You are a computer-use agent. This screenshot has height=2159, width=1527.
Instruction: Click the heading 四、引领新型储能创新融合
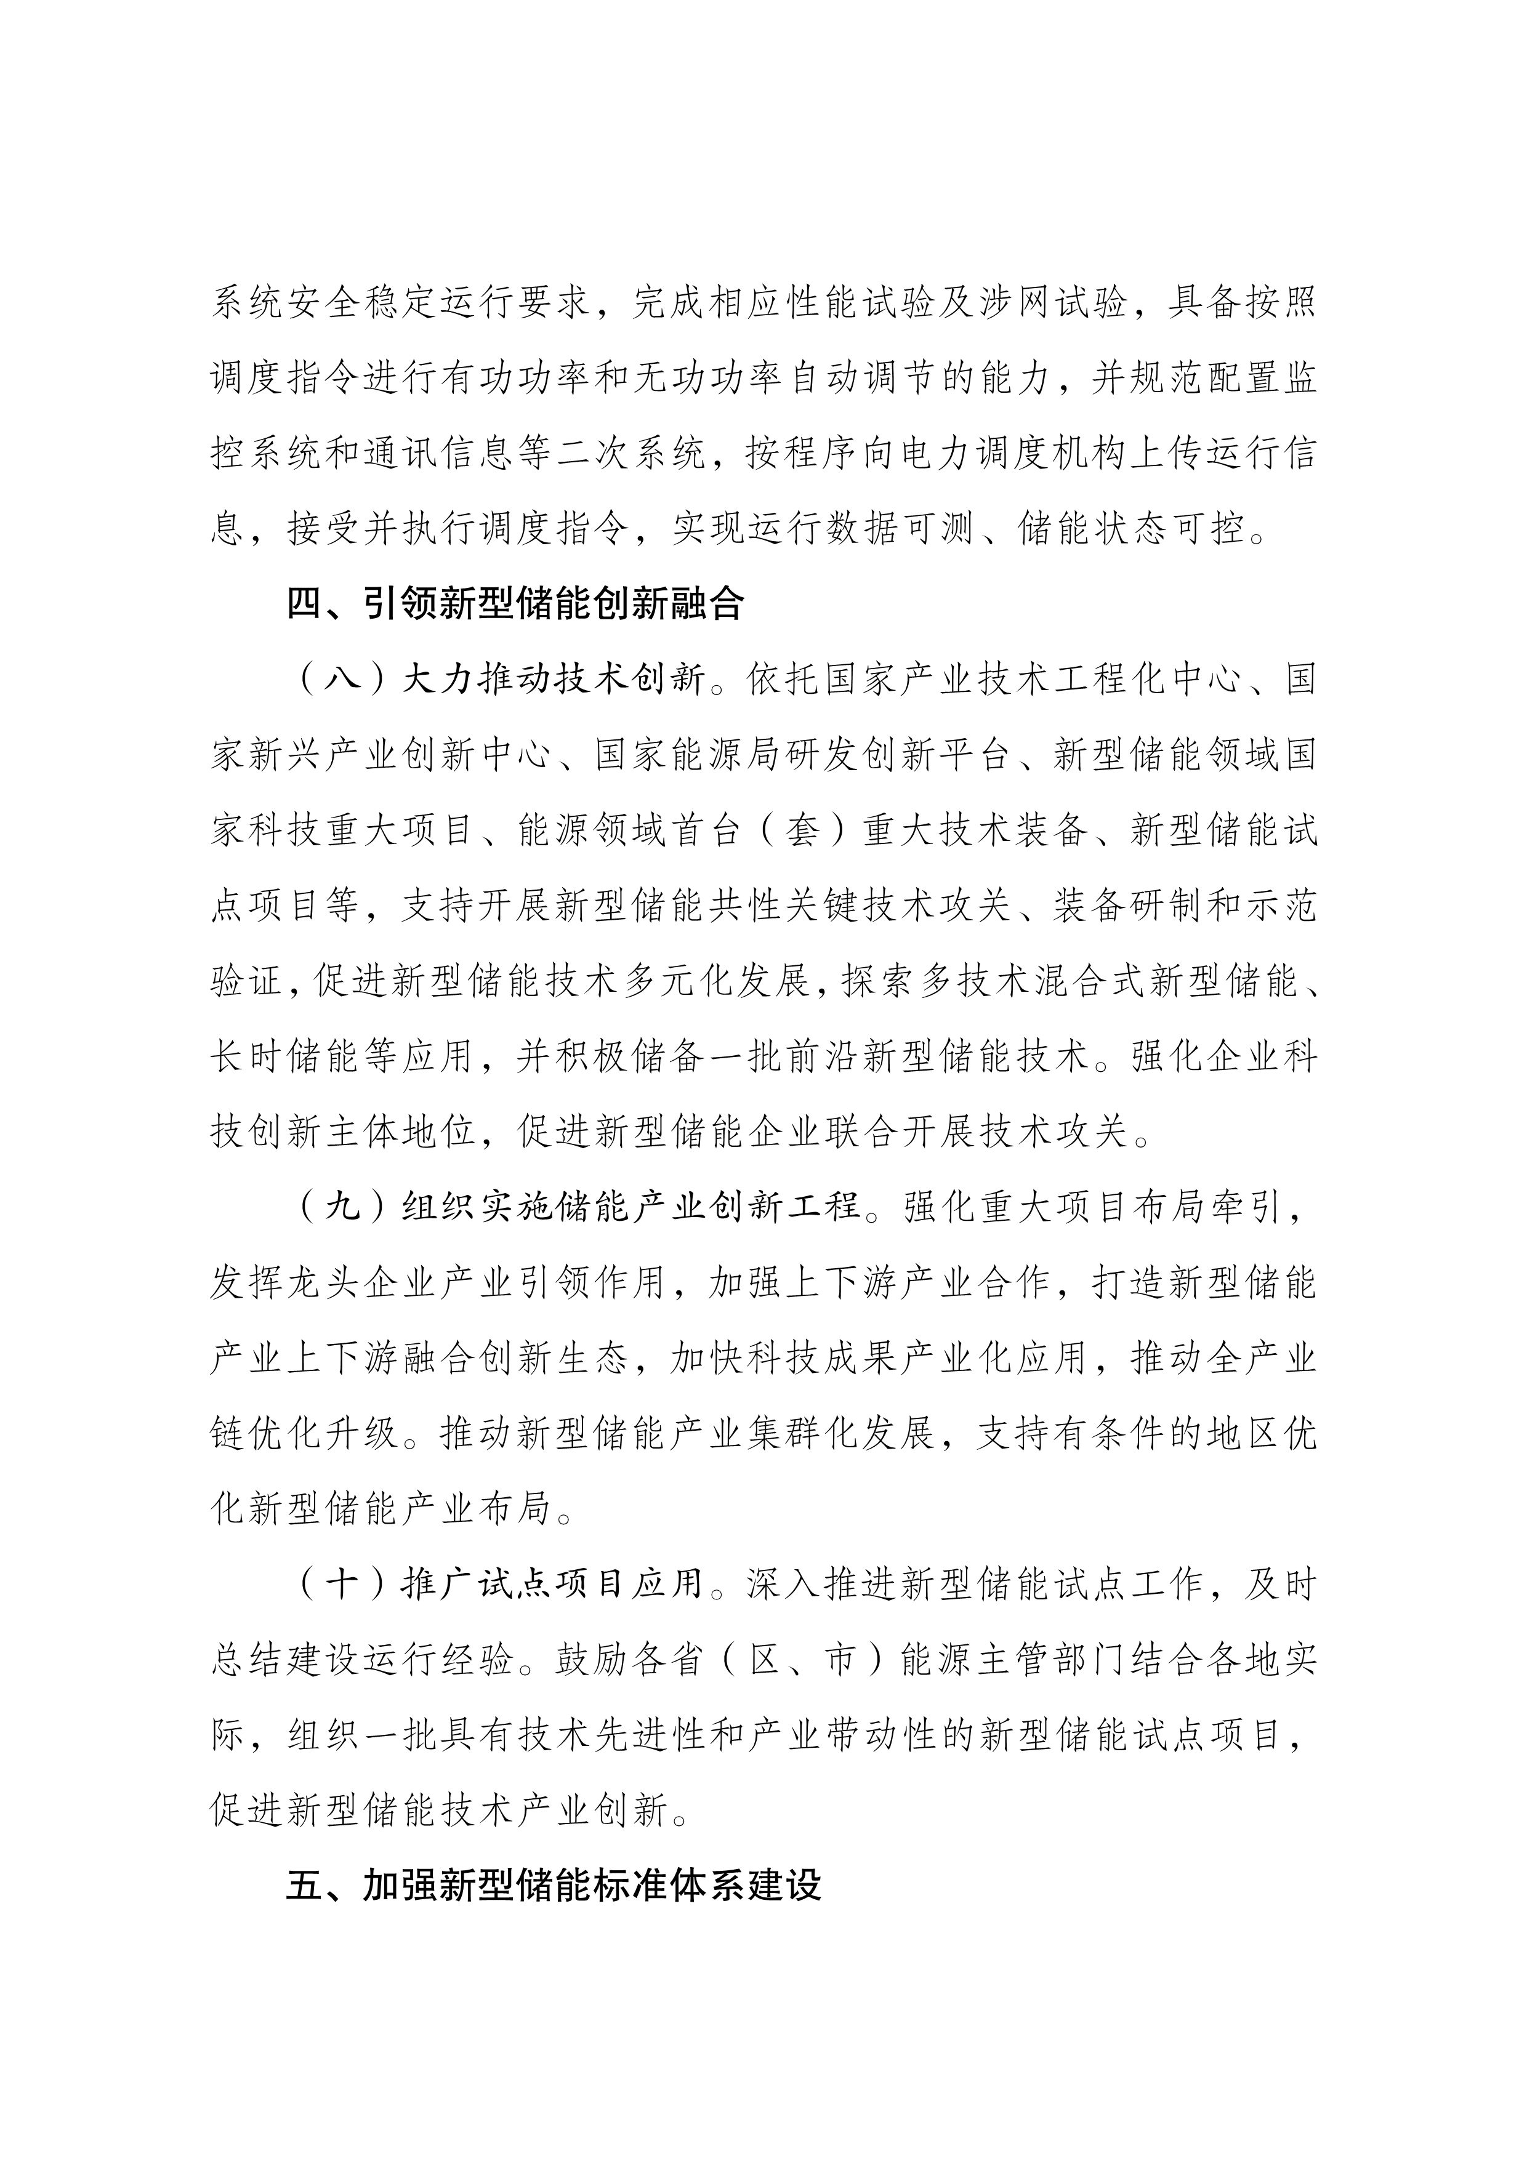(x=515, y=604)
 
